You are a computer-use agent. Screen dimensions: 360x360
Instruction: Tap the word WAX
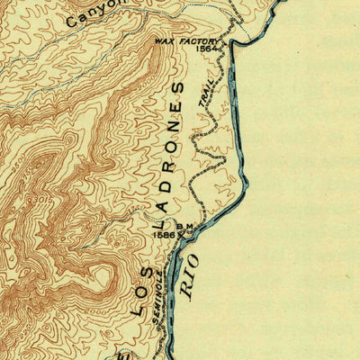[163, 41]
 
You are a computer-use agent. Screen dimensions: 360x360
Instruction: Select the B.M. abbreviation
[186, 227]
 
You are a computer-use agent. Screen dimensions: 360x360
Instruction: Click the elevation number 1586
[163, 234]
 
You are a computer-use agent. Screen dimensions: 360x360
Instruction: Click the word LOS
[139, 297]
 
